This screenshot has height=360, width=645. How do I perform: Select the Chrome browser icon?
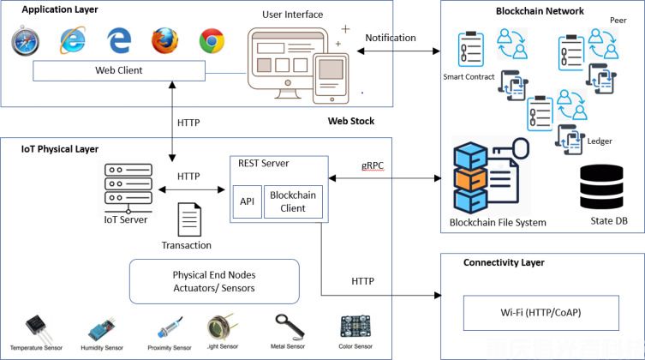point(212,40)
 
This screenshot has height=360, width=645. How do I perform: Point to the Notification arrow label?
point(391,38)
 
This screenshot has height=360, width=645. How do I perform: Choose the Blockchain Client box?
point(292,201)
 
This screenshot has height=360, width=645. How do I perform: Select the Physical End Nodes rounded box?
point(213,280)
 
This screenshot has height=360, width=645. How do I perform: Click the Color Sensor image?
point(355,326)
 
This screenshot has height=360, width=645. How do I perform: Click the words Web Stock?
point(351,121)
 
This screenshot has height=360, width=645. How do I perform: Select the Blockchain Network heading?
point(540,11)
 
